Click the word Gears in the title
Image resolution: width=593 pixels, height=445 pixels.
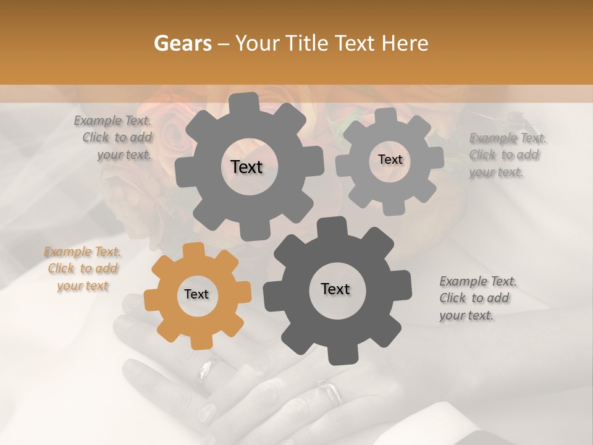coord(182,43)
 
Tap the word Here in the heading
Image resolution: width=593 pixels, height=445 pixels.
coord(405,43)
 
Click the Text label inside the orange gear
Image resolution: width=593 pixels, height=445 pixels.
coord(196,295)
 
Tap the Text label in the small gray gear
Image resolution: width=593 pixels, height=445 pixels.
coord(390,159)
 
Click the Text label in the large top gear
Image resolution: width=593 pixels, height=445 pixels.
coord(246,167)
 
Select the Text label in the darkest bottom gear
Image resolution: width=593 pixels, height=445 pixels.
coord(335,289)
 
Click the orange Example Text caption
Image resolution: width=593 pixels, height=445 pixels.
coord(83,269)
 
